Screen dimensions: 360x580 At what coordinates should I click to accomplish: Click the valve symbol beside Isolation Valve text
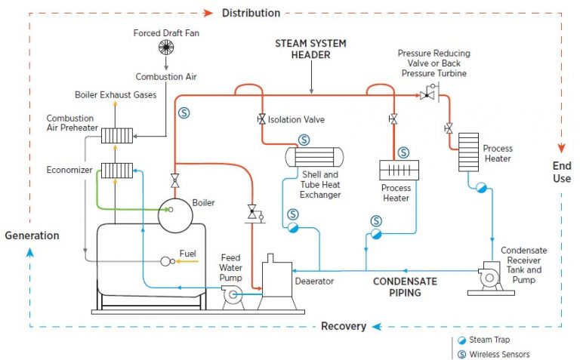click(x=261, y=120)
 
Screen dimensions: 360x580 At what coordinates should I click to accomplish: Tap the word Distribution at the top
click(x=251, y=13)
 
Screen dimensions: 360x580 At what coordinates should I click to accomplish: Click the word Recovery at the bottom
click(x=344, y=326)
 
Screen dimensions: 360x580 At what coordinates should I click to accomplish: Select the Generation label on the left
click(x=32, y=235)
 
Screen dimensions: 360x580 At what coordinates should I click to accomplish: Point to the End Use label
click(x=561, y=172)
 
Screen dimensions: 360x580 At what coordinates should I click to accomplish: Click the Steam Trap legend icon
click(x=461, y=340)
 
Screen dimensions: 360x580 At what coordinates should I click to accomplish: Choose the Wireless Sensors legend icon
click(x=461, y=354)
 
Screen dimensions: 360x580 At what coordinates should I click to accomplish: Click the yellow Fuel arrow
click(x=188, y=261)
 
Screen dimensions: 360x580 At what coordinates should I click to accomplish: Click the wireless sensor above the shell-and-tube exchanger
click(x=304, y=140)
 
